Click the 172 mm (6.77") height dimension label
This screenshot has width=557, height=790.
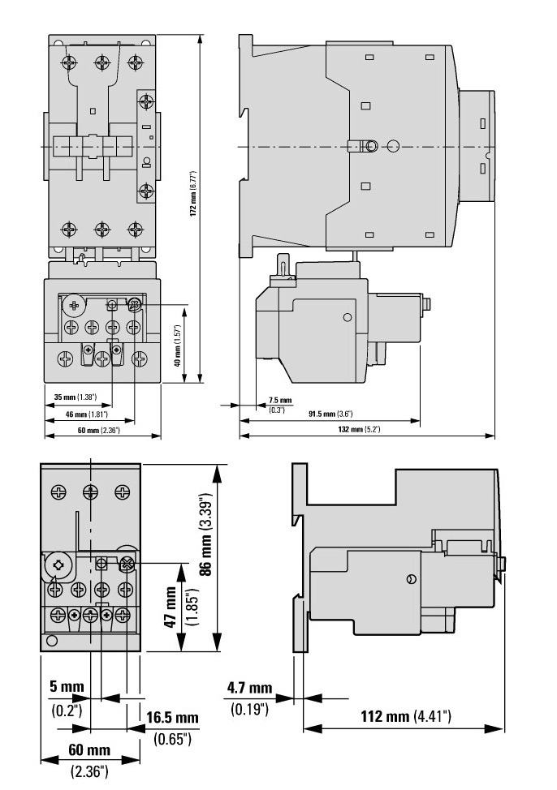pos(192,194)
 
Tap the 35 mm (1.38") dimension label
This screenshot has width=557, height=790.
pos(76,397)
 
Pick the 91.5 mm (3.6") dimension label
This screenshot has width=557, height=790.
pos(330,414)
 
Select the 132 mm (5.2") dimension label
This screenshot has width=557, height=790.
pos(359,430)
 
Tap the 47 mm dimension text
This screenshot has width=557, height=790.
pos(171,608)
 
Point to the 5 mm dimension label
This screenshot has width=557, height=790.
pos(67,686)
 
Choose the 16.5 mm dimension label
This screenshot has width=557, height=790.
pos(172,718)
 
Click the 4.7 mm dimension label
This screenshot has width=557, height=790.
pos(249,688)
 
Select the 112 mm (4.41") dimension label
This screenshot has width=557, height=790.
pos(406,716)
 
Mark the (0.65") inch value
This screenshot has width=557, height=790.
pos(173,740)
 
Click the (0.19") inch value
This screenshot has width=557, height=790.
pos(249,710)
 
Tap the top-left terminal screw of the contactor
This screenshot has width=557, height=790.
pos(69,62)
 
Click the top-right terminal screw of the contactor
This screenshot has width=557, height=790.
pos(135,62)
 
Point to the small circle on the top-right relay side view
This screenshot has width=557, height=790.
pos(348,317)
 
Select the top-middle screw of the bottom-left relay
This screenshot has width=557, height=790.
pos(90,492)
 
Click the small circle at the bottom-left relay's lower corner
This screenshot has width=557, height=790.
pos(51,642)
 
